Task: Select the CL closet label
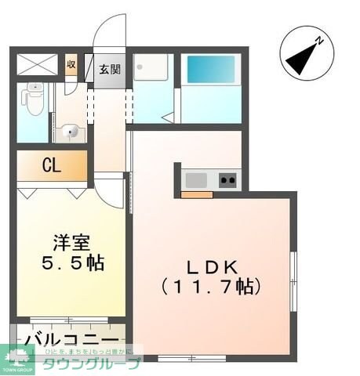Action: click(x=51, y=167)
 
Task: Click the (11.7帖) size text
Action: click(x=209, y=287)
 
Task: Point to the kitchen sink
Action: click(x=196, y=180)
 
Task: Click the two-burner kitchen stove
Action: click(x=228, y=180)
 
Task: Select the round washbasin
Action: click(x=69, y=132)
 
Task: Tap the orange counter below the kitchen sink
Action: click(x=196, y=194)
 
